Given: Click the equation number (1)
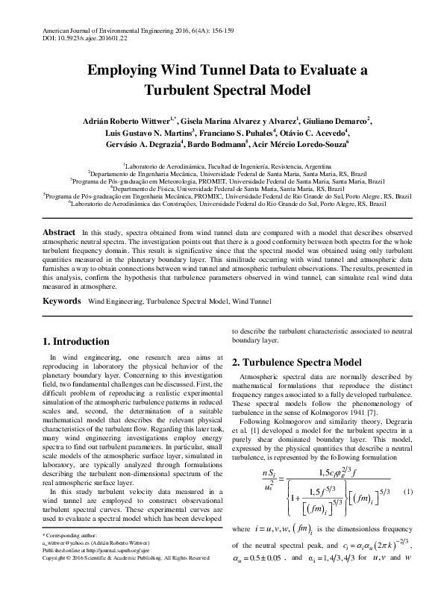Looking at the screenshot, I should coord(407,492).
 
